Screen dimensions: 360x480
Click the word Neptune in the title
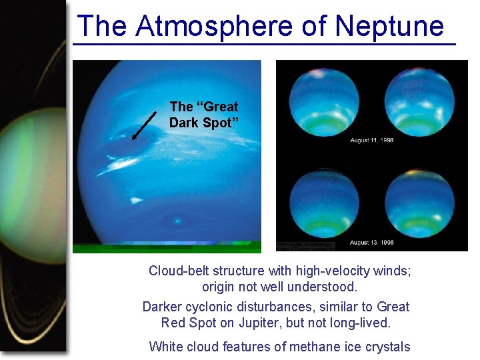point(389,27)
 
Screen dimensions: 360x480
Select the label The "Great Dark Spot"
point(203,115)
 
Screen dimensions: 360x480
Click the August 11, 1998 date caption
point(372,141)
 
